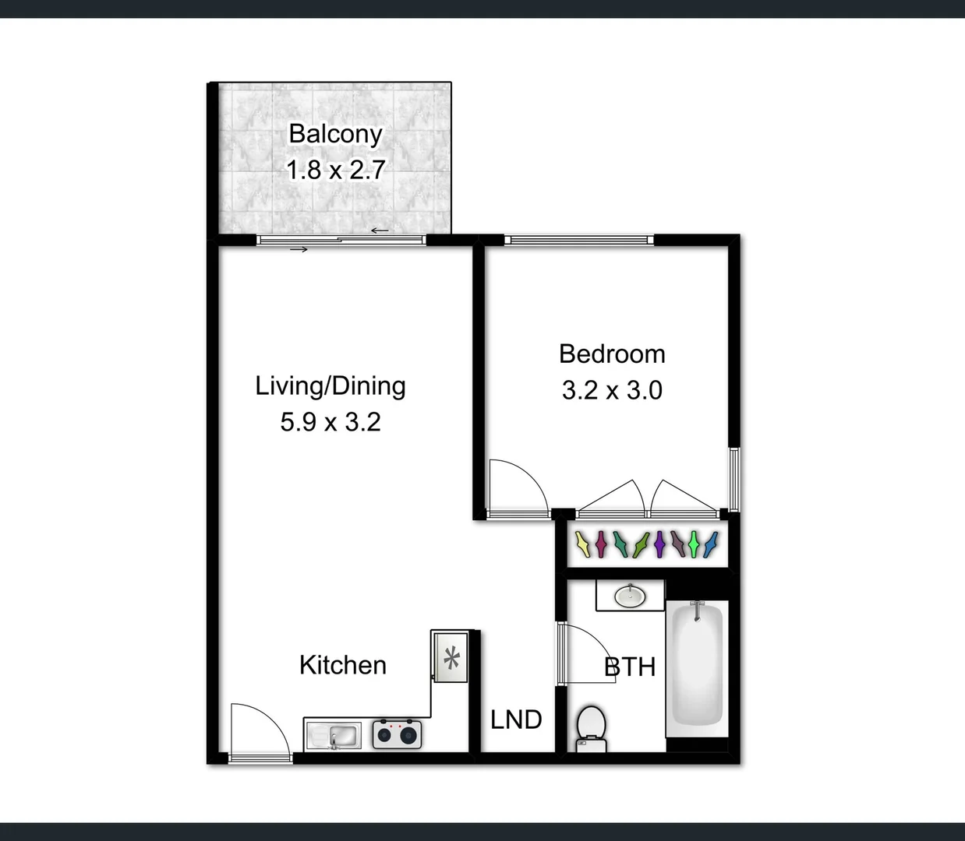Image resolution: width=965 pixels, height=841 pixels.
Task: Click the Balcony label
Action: point(335,134)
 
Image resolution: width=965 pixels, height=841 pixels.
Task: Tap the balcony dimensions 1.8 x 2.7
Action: point(335,170)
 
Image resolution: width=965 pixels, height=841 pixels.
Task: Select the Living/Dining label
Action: point(331,386)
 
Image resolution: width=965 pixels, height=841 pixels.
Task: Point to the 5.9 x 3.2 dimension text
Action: point(331,422)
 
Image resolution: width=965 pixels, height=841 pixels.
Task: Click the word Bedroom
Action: point(612,354)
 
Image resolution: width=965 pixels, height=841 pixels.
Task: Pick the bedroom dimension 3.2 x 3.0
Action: point(612,390)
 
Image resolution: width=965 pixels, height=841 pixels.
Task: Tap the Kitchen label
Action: point(343,665)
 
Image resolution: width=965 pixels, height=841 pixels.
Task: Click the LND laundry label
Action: point(516,720)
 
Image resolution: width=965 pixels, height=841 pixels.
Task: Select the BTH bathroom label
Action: point(630,667)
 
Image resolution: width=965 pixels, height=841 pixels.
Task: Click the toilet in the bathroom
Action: point(592,729)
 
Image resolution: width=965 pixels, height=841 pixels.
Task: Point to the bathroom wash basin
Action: point(630,596)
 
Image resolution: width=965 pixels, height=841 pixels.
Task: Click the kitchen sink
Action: point(334,734)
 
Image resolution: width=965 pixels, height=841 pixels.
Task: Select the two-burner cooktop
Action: point(397,734)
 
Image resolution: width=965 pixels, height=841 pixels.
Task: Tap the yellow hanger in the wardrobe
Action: point(582,544)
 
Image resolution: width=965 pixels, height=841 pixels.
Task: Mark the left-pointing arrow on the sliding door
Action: point(380,230)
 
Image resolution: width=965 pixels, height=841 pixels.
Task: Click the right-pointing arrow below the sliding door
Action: point(299,249)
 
